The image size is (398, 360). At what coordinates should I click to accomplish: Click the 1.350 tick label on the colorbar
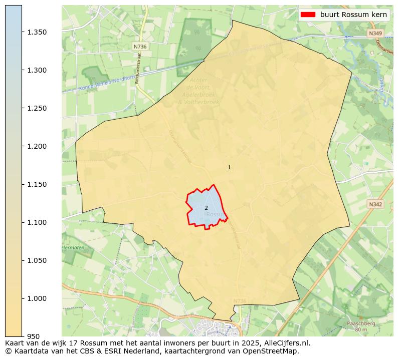point(37,32)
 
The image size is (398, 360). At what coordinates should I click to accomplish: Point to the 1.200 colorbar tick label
point(37,146)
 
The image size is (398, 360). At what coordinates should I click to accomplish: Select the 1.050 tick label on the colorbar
point(37,260)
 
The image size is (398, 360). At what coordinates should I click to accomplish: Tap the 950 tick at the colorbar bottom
point(34,336)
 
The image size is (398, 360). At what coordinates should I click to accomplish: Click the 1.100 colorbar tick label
point(37,222)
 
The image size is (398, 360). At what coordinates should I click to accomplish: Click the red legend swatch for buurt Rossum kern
point(308,15)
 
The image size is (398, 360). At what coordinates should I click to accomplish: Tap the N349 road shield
point(375,34)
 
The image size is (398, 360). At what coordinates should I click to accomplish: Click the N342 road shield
point(375,204)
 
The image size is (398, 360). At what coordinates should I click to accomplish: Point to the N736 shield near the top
point(140,46)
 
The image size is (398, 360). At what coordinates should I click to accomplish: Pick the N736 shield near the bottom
point(240,301)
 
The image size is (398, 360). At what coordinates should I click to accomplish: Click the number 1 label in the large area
point(229,168)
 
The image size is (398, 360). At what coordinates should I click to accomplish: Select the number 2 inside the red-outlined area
point(206,208)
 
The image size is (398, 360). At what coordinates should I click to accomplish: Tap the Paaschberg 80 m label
point(361,326)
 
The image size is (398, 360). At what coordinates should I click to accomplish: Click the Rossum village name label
point(216,215)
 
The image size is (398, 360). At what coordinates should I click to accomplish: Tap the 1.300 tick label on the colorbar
point(37,70)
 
